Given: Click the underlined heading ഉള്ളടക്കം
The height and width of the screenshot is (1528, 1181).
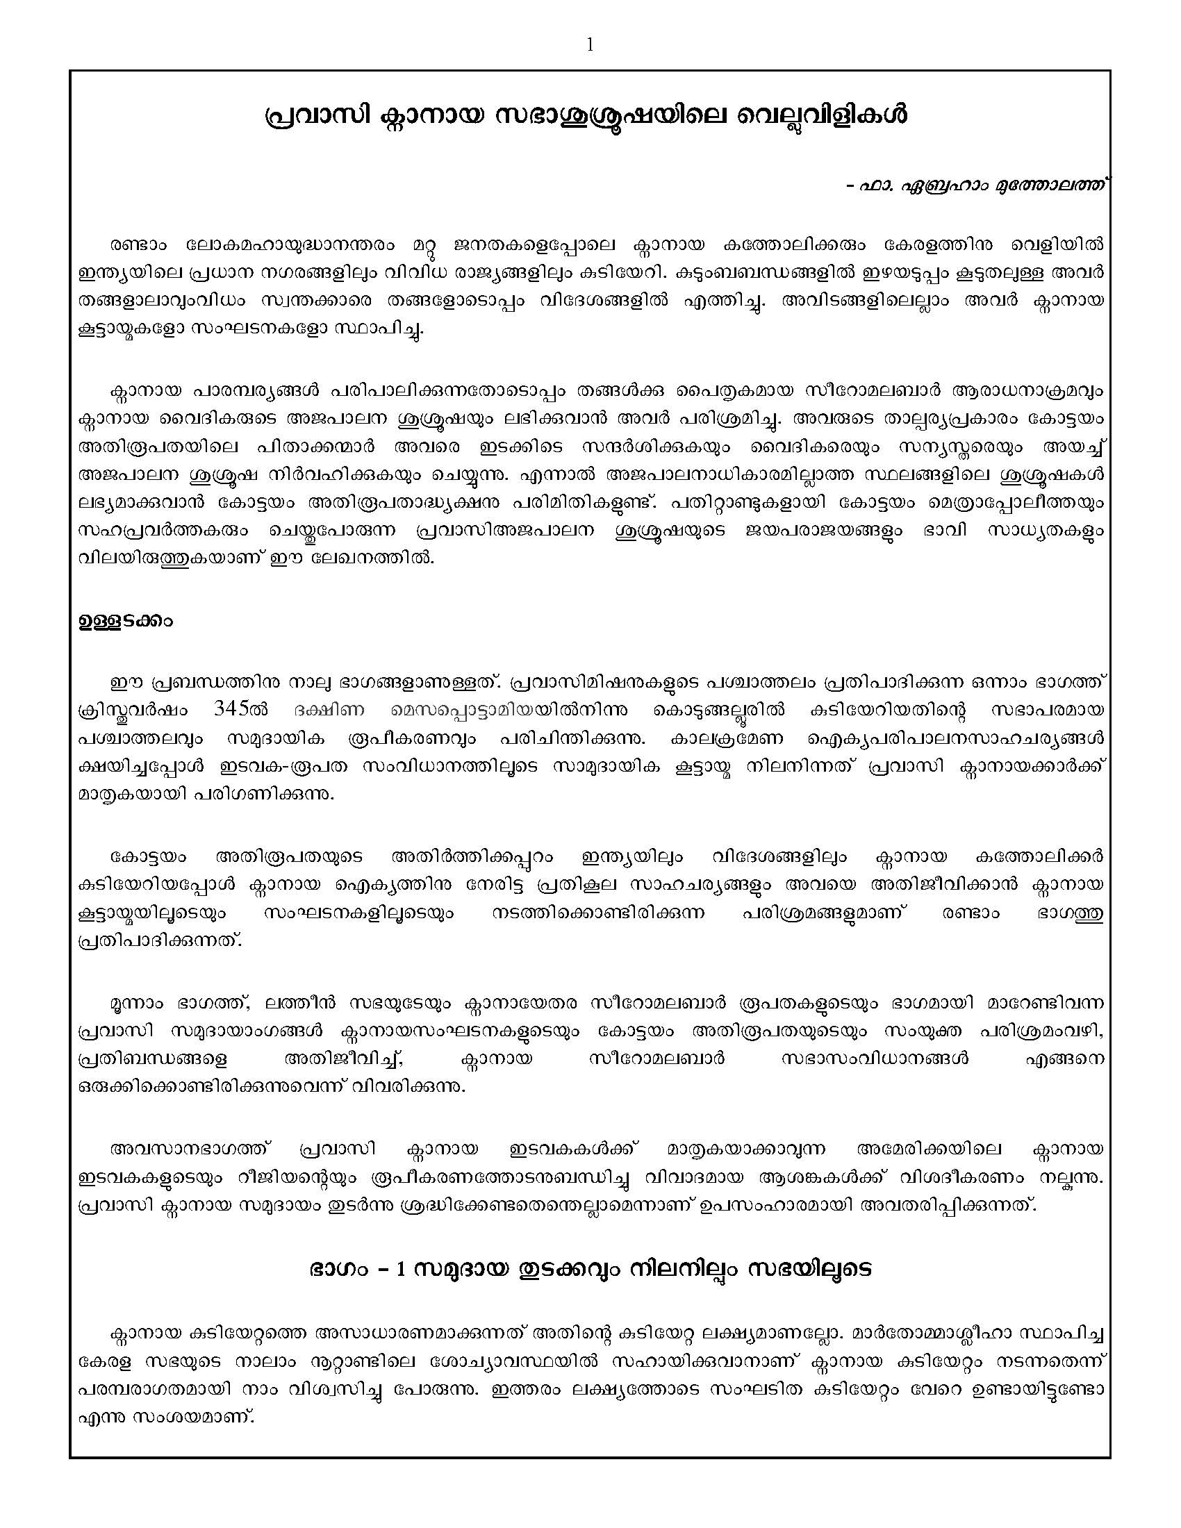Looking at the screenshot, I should (x=125, y=622).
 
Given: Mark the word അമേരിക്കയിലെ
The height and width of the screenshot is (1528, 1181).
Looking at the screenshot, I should (x=929, y=1149).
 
